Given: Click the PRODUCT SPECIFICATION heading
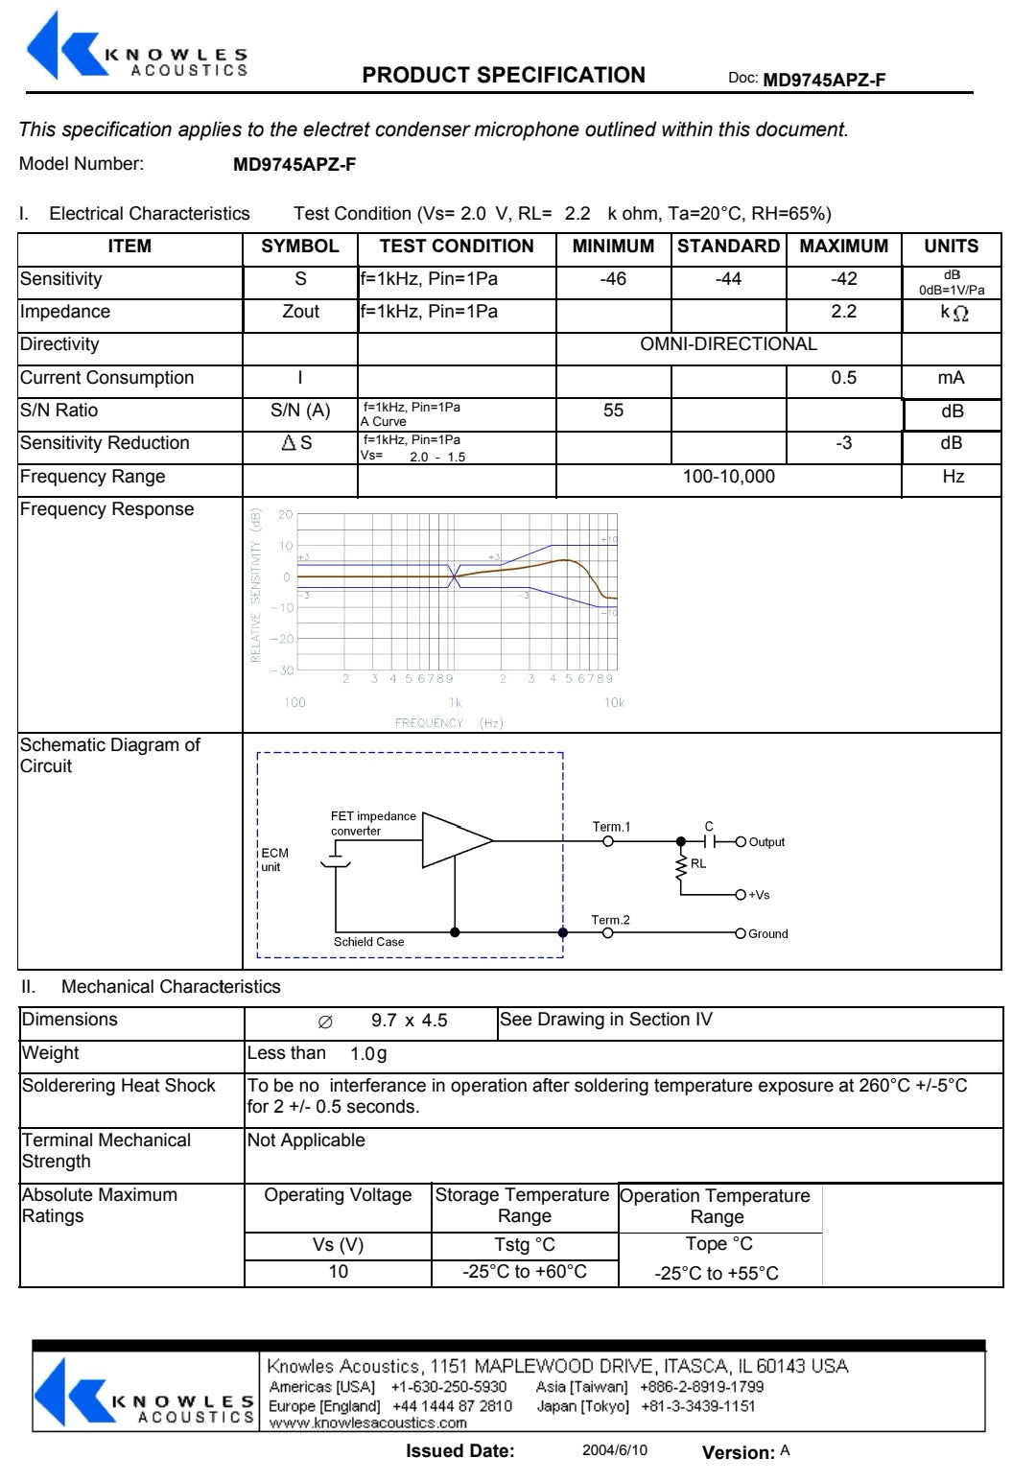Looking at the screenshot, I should tap(504, 75).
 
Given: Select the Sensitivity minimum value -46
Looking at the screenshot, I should tap(613, 279).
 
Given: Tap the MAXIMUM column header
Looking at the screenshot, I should tap(843, 247).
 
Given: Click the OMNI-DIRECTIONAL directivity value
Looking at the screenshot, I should tap(728, 344).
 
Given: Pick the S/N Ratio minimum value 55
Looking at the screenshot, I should tap(613, 411).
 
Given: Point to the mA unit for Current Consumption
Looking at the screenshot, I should tap(951, 378).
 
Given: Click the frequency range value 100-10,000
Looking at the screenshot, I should tap(728, 477).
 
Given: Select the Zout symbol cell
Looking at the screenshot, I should tap(300, 312).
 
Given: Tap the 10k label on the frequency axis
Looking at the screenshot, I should tap(614, 703).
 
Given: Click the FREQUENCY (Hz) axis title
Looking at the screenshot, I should tap(448, 723).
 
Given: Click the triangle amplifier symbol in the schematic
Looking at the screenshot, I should tap(456, 840).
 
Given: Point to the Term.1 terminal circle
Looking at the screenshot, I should tap(608, 841).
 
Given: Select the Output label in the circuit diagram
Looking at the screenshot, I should tap(766, 842).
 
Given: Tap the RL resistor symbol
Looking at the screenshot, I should tap(682, 864).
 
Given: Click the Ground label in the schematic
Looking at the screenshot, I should tap(768, 933).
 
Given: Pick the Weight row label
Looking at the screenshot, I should tap(50, 1053).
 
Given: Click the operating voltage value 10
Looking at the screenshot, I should tap(338, 1272).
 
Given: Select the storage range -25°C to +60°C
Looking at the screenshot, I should tap(524, 1272).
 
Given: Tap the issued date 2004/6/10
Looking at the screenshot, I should tap(614, 1450).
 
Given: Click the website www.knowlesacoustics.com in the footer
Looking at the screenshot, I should tap(367, 1423).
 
